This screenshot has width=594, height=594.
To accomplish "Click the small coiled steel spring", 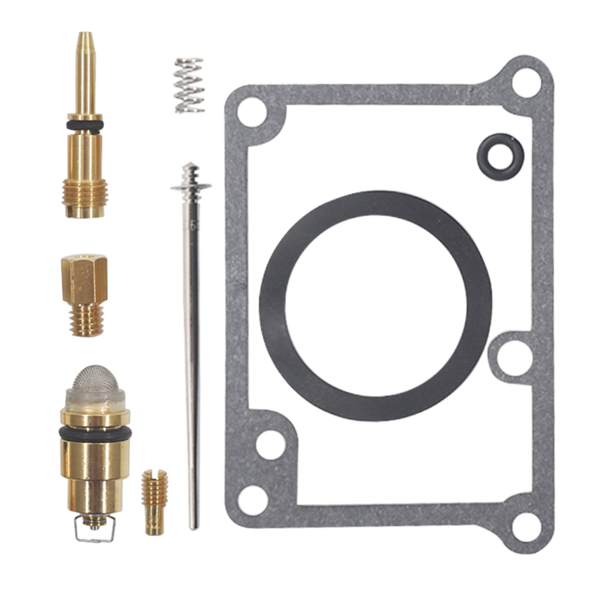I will (x=189, y=86).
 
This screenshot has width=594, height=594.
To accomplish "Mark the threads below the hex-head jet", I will (x=86, y=321).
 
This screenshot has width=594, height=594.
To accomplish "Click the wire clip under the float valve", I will (x=94, y=531).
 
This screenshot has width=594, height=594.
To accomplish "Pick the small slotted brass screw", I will (x=155, y=502).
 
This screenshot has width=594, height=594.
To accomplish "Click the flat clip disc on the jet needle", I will (x=191, y=187).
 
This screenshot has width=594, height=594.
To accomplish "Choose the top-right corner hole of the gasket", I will (x=526, y=81).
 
